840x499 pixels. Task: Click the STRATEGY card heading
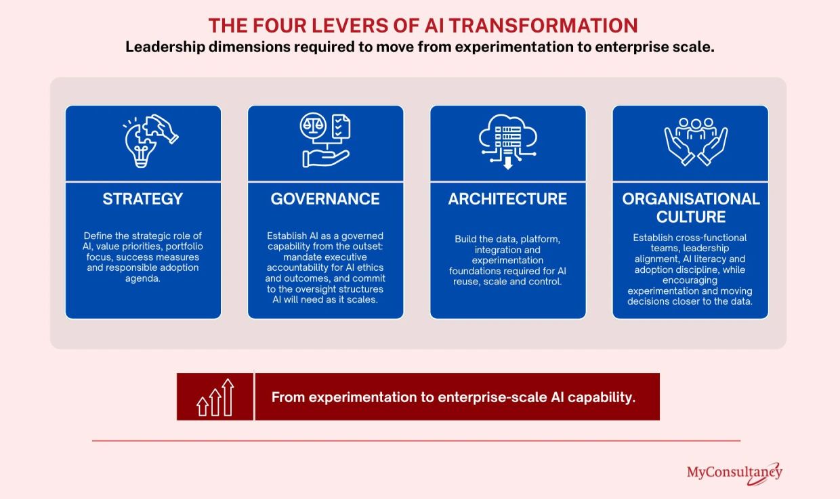point(143,198)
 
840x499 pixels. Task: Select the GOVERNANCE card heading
point(325,198)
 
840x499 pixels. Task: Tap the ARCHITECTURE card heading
point(507,198)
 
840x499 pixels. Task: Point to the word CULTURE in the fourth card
point(691,217)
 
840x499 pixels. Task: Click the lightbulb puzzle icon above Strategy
point(150,141)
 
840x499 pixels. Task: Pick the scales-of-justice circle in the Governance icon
point(313,125)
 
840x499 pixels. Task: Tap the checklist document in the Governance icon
point(341,127)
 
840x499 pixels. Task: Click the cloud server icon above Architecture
point(508,142)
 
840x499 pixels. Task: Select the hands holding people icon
point(696,142)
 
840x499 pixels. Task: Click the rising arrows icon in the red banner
point(215,397)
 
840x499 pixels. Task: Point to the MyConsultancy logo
point(734,473)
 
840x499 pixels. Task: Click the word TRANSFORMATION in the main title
point(543,26)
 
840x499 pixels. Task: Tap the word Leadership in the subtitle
point(165,47)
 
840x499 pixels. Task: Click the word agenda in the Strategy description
point(142,278)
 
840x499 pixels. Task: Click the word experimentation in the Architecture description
point(507,260)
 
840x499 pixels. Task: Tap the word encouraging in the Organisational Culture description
point(690,280)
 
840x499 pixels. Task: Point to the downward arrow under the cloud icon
point(508,163)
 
